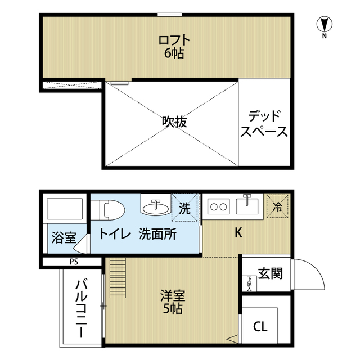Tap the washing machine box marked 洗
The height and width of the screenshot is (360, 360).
click(185, 208)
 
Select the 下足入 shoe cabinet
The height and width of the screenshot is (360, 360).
click(248, 283)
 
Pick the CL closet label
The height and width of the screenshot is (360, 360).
click(260, 326)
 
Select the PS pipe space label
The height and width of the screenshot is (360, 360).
click(74, 261)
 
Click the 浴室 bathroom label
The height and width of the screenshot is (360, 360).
click(63, 237)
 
